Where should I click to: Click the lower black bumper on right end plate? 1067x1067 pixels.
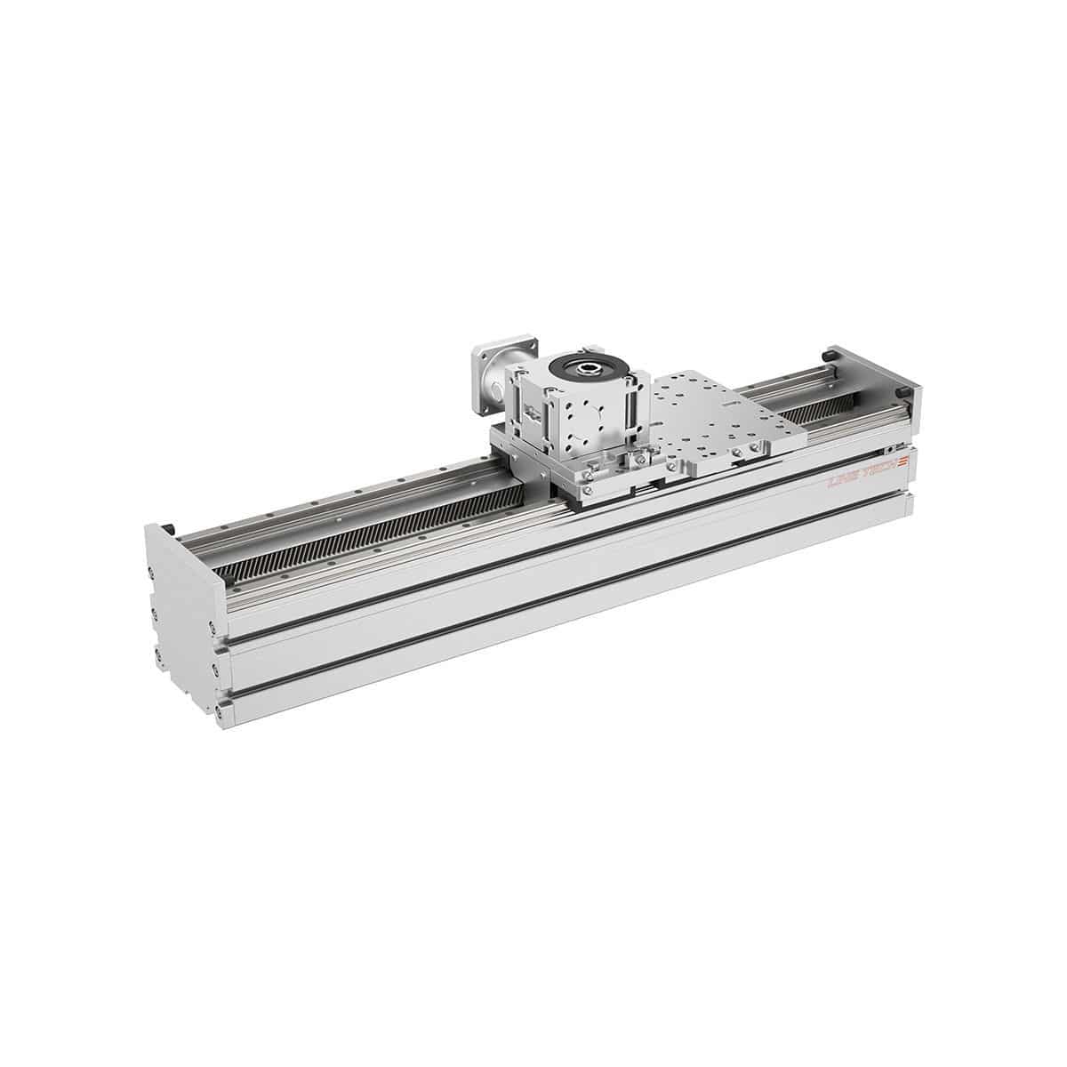click(903, 390)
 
